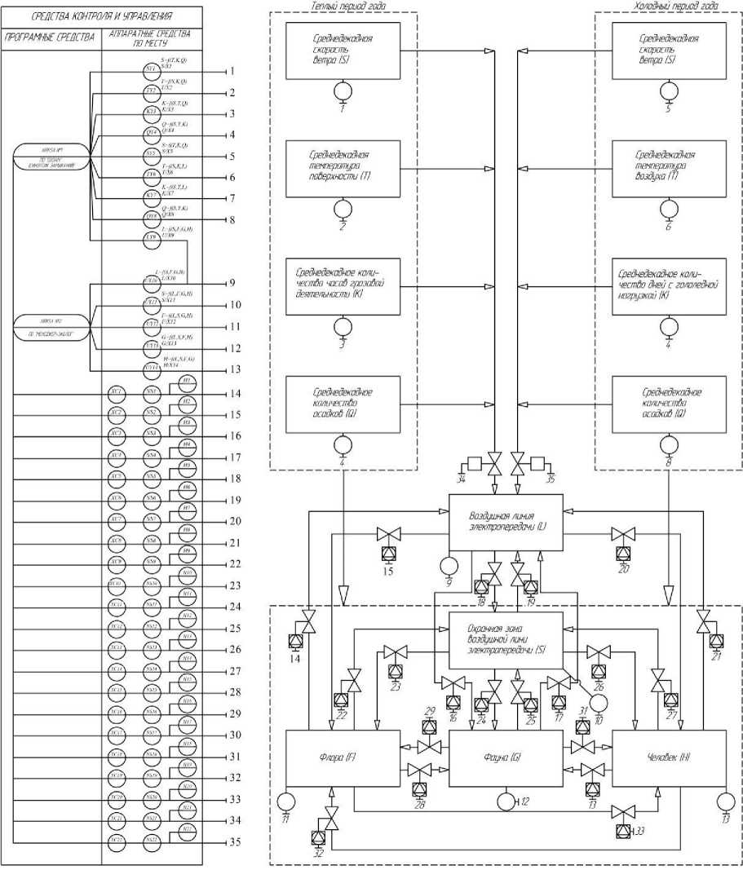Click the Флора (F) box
point(342,759)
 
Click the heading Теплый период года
point(349,6)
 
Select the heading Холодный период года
point(676,6)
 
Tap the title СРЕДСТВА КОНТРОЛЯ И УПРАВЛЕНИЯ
point(101,16)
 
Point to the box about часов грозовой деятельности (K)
point(342,286)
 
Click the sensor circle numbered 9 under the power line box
point(448,564)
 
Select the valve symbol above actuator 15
point(388,535)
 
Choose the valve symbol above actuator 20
point(624,535)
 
